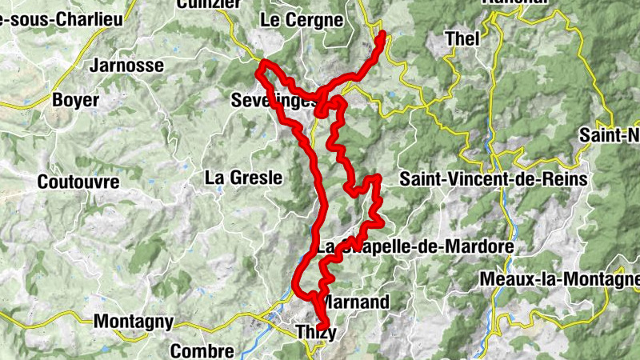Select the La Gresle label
click(244, 178)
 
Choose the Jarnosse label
click(127, 66)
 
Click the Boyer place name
click(75, 100)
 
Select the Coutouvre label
click(78, 182)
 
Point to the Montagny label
click(133, 322)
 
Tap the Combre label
click(202, 350)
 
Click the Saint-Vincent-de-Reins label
click(494, 178)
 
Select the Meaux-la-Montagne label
click(561, 279)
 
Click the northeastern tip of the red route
click(382, 34)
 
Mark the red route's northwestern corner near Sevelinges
click(262, 62)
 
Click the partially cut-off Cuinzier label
click(210, 4)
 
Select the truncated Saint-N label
click(610, 134)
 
